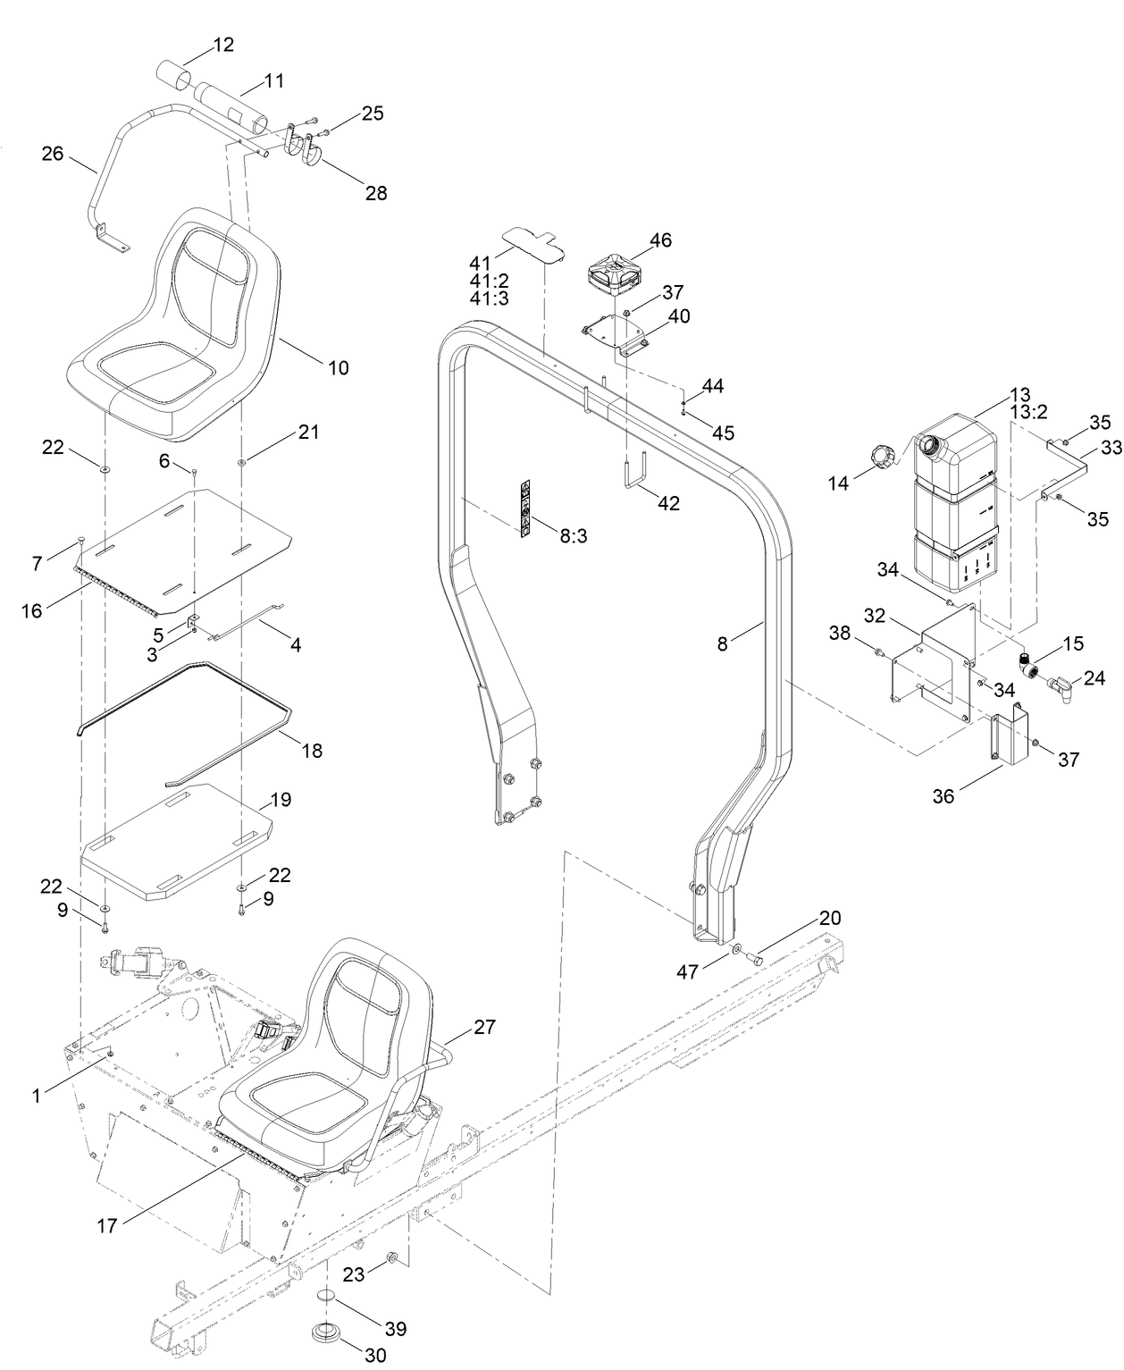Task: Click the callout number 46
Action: tap(660, 240)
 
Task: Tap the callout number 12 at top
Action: tap(222, 45)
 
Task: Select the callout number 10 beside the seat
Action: tap(338, 367)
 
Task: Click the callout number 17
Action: tap(106, 1226)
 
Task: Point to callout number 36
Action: tap(944, 796)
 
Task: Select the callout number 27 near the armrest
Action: tap(483, 1027)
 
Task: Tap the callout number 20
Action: tap(830, 918)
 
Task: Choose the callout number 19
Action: tap(280, 799)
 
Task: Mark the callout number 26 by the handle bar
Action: tap(53, 154)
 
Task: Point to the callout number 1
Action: tap(37, 1095)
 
